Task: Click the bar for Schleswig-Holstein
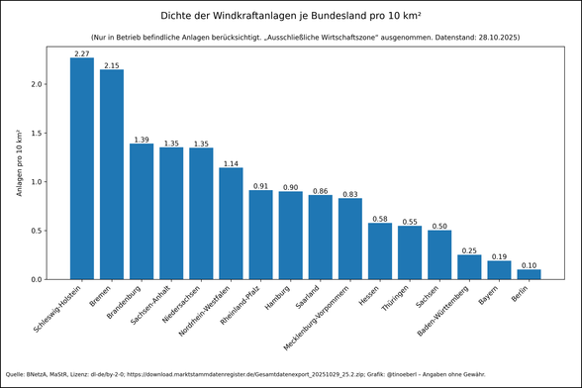82,168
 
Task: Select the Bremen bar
112,174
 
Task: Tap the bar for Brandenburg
142,212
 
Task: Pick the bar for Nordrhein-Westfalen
231,224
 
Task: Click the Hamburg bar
291,236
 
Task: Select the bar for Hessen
380,251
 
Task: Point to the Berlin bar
529,274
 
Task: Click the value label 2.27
82,52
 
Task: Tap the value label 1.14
231,163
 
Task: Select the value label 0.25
469,250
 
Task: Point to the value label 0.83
350,194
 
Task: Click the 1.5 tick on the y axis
39,134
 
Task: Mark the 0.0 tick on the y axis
39,279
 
